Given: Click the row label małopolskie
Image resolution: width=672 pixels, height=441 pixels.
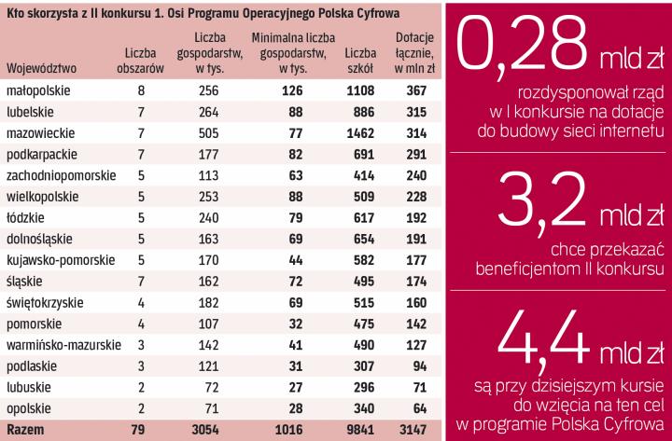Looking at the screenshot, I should coord(34,91).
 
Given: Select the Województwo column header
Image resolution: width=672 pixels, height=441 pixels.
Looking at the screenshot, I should coord(41,68).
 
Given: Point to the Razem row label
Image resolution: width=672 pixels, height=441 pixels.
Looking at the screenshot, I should coord(24,429).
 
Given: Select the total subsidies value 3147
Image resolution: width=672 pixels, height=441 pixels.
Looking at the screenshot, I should coord(409,429).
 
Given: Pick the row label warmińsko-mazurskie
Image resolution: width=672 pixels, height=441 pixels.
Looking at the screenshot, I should coord(61,345).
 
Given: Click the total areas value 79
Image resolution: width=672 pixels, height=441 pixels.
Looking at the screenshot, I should coord(141,429).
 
